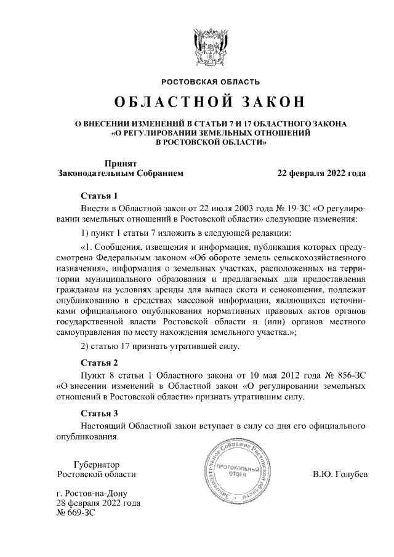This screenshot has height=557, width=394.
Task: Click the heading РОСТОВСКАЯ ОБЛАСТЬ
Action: [211, 82]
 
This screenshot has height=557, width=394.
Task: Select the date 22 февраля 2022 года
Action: [322, 174]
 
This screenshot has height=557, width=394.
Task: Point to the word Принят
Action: [120, 164]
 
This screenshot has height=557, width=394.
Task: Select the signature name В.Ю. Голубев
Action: [339, 475]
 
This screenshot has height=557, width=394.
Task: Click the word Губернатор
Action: [95, 464]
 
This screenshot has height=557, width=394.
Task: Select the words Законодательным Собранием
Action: [120, 174]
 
